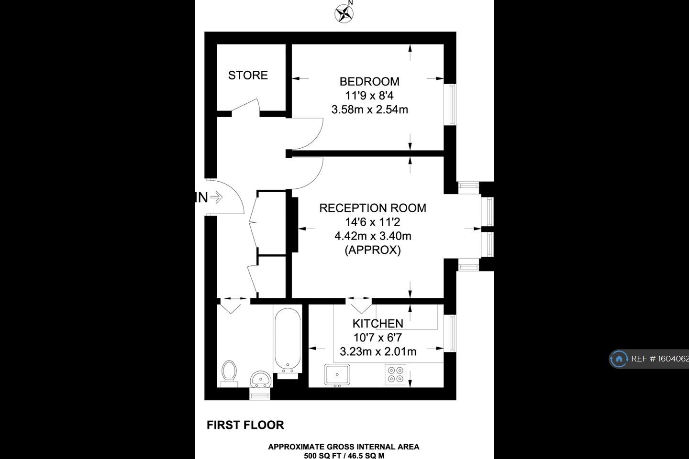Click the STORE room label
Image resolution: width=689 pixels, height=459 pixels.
[248, 75]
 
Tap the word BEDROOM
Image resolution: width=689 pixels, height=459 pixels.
[369, 81]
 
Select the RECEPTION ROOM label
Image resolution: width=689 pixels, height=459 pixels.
[372, 208]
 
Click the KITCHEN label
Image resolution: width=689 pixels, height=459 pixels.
[378, 324]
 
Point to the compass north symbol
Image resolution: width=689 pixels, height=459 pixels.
[343, 13]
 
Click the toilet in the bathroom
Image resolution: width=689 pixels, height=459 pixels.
[229, 372]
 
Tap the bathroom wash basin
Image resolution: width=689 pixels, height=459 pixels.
[261, 379]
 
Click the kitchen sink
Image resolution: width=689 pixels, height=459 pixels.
[337, 374]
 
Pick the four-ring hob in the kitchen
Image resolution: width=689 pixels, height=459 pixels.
[396, 374]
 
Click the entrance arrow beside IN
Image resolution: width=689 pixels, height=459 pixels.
[217, 197]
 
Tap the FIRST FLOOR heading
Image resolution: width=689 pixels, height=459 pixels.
[245, 425]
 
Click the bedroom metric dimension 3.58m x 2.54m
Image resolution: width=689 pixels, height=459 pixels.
[369, 109]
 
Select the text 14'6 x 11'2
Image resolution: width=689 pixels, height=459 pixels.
[372, 222]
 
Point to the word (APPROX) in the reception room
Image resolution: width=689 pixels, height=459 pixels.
[372, 250]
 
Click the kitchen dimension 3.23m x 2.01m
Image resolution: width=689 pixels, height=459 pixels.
[378, 352]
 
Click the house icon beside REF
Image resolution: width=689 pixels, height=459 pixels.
[619, 359]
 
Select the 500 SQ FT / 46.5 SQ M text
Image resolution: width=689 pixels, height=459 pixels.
[344, 455]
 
